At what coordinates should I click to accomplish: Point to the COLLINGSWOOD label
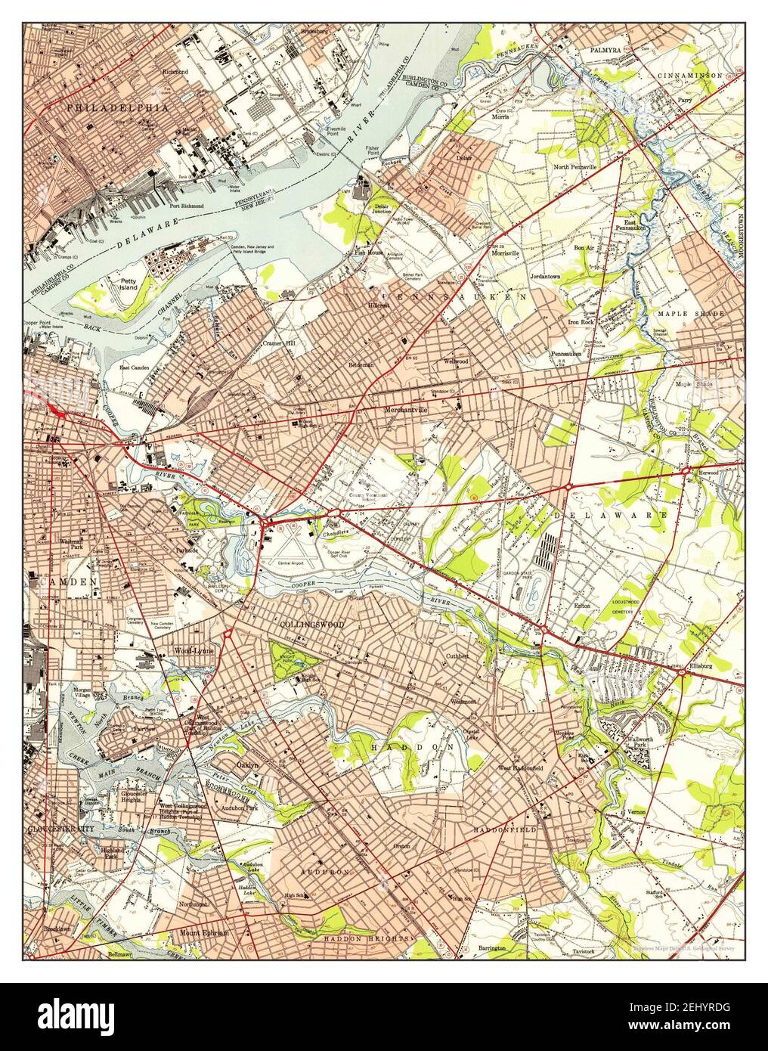pyautogui.click(x=311, y=625)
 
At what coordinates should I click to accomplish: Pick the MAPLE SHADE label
pyautogui.click(x=690, y=313)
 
